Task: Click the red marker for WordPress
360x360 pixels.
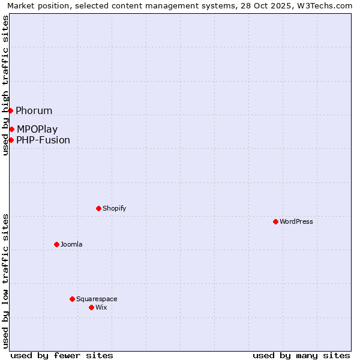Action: (x=275, y=221)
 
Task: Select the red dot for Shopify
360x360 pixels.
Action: (x=98, y=208)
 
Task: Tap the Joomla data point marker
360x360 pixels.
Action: (x=56, y=244)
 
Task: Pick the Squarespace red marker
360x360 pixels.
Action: (x=72, y=299)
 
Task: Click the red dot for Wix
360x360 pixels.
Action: (x=91, y=307)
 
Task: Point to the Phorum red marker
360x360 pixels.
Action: (x=10, y=110)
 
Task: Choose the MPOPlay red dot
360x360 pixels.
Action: (x=11, y=129)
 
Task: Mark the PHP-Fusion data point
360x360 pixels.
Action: (x=11, y=140)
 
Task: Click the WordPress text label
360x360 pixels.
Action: (x=296, y=221)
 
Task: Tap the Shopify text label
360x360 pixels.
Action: (x=114, y=208)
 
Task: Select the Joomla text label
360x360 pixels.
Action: (x=71, y=244)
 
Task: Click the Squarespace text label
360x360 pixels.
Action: (x=97, y=299)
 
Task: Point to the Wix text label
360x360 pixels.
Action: (x=101, y=307)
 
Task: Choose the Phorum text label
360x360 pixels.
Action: (x=34, y=110)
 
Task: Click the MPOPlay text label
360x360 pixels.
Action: (x=37, y=129)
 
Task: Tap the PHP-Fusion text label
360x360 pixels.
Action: (x=43, y=140)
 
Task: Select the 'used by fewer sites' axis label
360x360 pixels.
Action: (x=62, y=355)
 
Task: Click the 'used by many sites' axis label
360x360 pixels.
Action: (x=301, y=355)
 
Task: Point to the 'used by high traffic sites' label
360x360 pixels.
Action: (x=5, y=85)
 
